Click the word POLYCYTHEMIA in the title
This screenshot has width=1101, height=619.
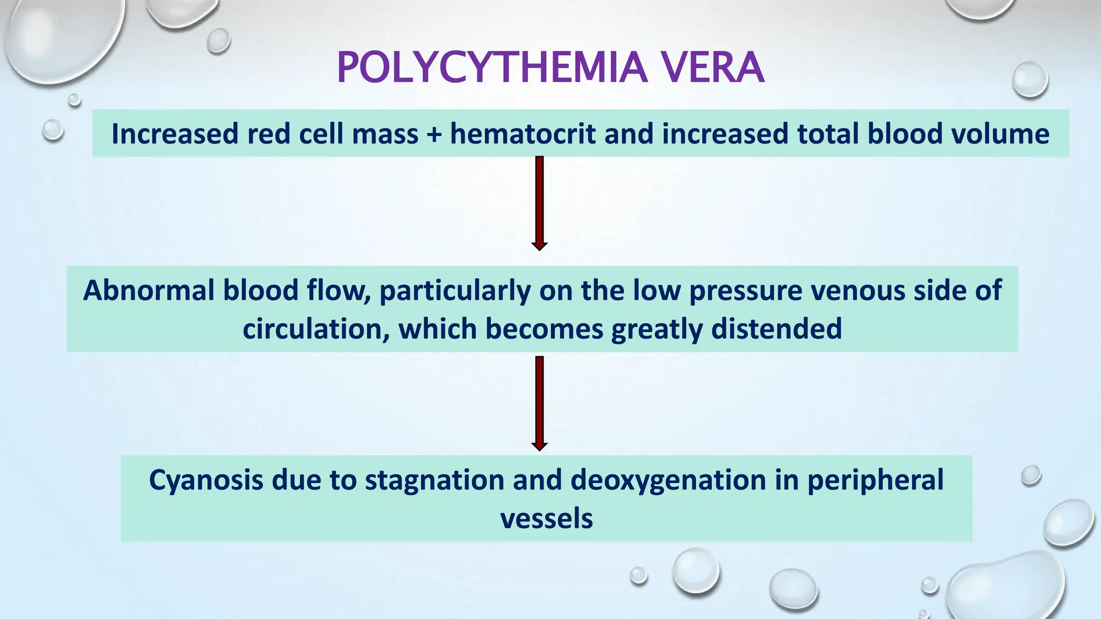tap(492, 68)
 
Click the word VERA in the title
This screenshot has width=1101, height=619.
tap(712, 68)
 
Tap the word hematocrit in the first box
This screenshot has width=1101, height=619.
tap(523, 134)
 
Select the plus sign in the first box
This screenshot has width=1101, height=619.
tap(434, 134)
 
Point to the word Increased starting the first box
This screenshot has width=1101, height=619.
tap(175, 134)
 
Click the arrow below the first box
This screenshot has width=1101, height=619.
tap(539, 203)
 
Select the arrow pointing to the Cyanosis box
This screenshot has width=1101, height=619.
tap(539, 403)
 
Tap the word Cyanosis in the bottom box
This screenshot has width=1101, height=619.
tap(206, 480)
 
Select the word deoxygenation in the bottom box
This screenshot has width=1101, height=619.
tap(668, 480)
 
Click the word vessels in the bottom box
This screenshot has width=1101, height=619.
tap(546, 519)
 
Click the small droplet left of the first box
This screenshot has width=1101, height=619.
tap(53, 130)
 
